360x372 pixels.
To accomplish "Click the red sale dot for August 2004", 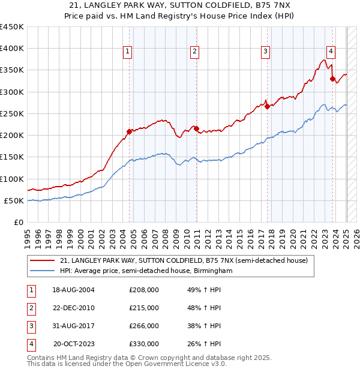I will tap(129, 131).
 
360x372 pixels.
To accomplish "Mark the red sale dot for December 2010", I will tap(196, 128).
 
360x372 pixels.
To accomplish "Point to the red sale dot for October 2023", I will tap(332, 79).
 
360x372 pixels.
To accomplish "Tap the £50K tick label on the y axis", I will tap(14, 200).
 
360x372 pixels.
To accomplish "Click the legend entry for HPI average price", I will tap(146, 271).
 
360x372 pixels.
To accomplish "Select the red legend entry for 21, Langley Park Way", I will tap(184, 260).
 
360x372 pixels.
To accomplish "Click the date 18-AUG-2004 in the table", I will tap(73, 290).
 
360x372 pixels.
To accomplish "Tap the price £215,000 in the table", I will tap(144, 308).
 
